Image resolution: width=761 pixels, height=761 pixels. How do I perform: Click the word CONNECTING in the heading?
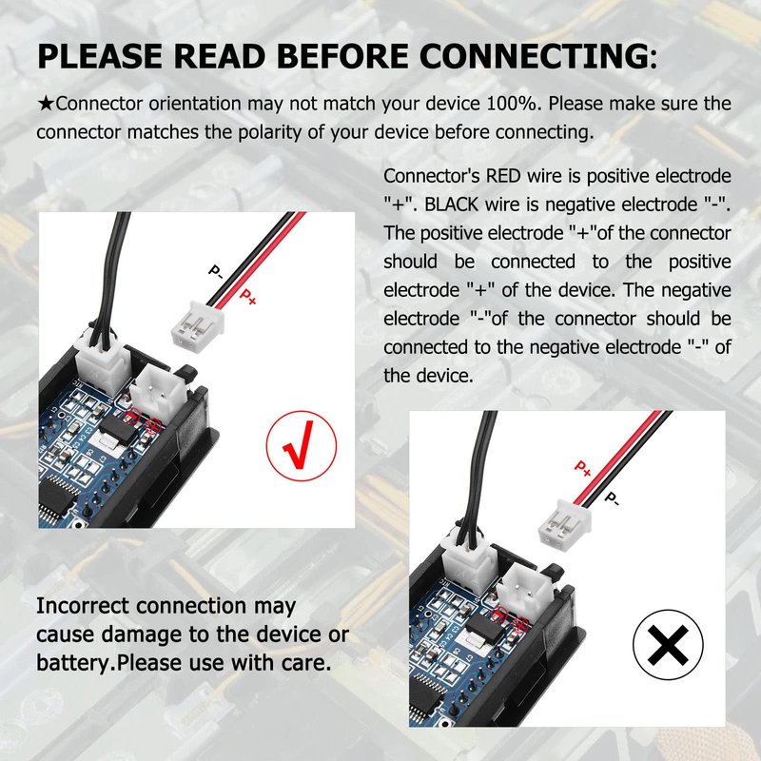(x=534, y=56)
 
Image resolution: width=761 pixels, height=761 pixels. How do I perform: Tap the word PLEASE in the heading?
(x=100, y=56)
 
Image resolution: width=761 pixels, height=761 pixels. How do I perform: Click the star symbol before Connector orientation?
(x=46, y=104)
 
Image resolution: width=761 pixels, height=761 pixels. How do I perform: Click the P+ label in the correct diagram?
(x=248, y=297)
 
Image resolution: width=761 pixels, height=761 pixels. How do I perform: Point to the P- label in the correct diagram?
(x=216, y=272)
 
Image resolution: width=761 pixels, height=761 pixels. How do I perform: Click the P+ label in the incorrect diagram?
(x=582, y=468)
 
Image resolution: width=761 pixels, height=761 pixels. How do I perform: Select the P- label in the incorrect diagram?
(x=612, y=498)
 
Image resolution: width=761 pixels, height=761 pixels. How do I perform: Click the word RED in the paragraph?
(x=504, y=176)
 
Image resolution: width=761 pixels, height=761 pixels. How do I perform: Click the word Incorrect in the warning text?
(x=84, y=606)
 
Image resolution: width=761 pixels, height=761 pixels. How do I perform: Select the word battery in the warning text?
(x=74, y=662)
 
